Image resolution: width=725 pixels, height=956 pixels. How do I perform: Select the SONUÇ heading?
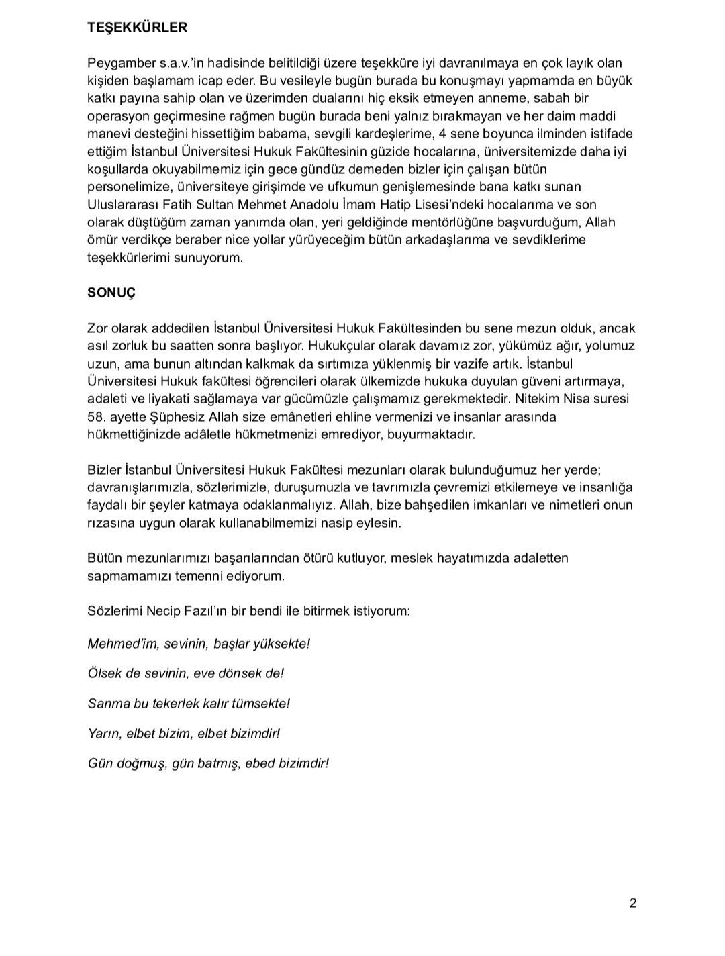111,293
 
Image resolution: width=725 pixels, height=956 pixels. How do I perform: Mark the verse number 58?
96,417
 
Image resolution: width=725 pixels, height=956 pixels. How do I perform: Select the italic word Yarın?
104,734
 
